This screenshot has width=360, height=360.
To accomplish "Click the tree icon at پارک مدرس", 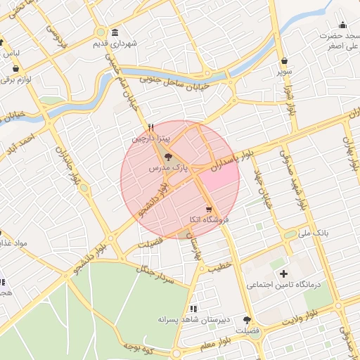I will [x=167, y=157].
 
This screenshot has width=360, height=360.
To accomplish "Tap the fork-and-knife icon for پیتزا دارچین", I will [x=150, y=128].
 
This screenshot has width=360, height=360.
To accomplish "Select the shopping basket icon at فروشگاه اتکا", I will [x=209, y=209].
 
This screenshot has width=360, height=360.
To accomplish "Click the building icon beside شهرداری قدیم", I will [x=115, y=32].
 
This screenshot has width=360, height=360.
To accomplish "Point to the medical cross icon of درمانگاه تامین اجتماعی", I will [x=284, y=274].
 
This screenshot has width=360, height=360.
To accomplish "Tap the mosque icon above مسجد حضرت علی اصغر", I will [x=342, y=25].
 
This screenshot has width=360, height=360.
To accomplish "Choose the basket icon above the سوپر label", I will [x=283, y=61].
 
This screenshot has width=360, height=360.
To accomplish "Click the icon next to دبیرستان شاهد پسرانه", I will [x=193, y=308].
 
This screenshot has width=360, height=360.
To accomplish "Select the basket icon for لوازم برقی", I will [x=15, y=69].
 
